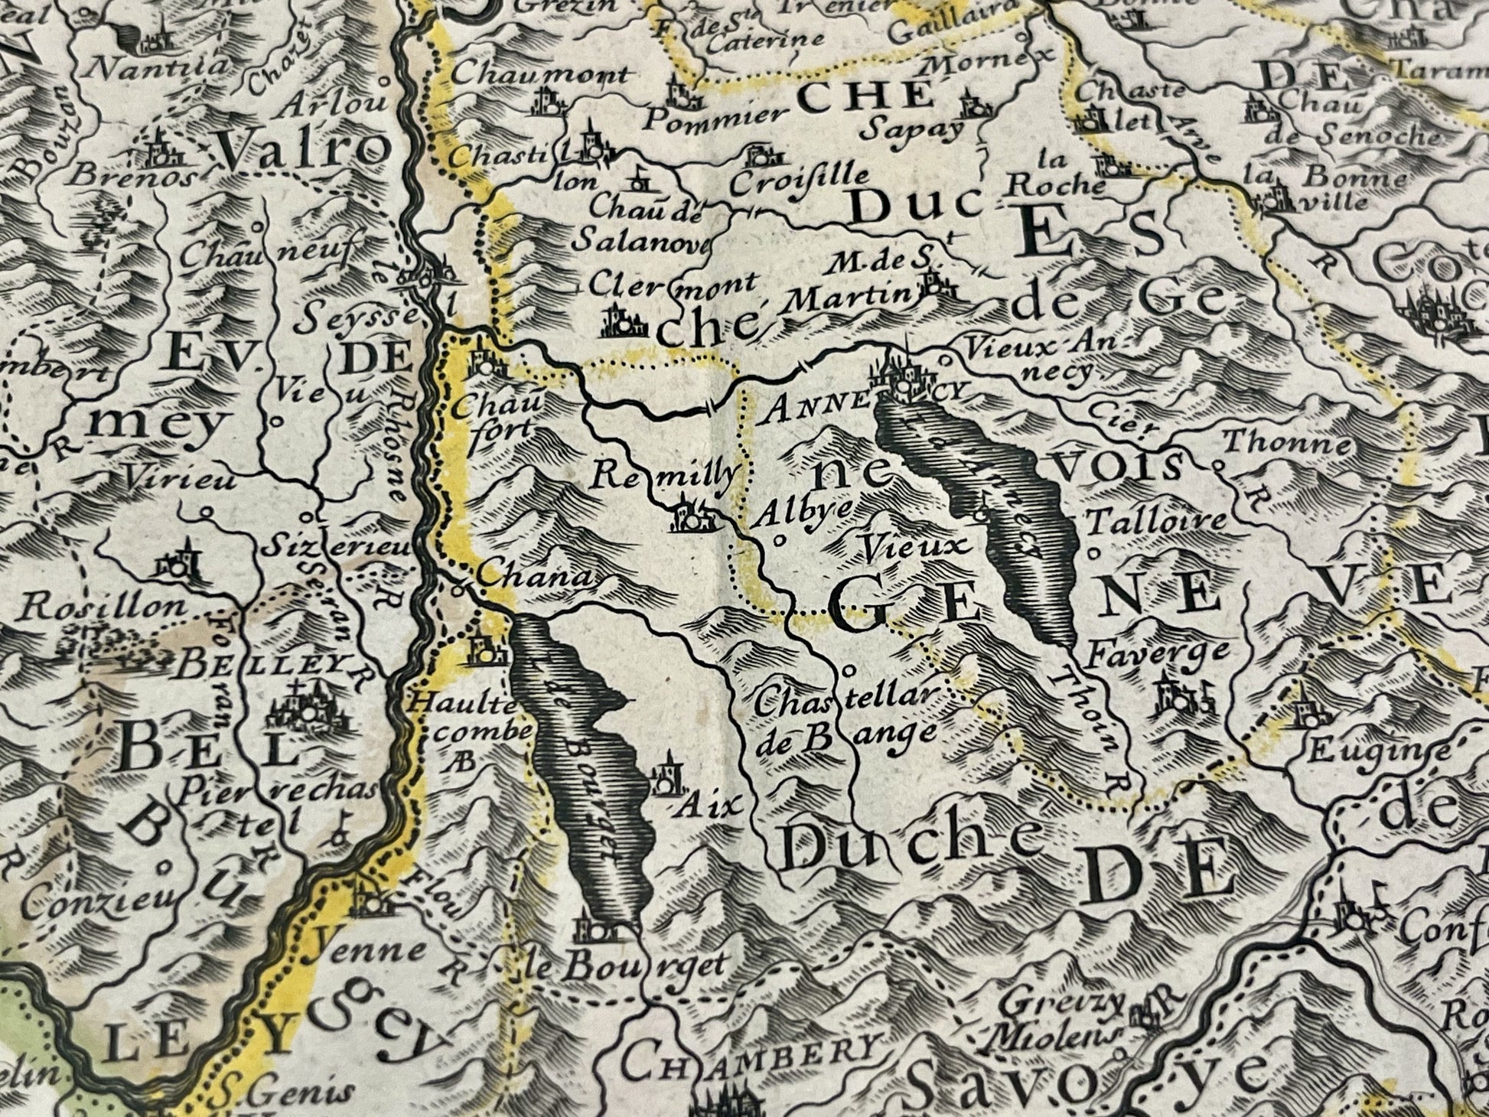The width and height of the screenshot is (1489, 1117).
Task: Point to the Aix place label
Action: pos(700,805)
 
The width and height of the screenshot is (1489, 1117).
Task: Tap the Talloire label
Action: pos(1155,523)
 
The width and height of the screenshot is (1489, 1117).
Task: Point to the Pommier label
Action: pos(715,117)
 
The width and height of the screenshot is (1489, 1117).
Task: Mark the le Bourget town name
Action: pos(624,966)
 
